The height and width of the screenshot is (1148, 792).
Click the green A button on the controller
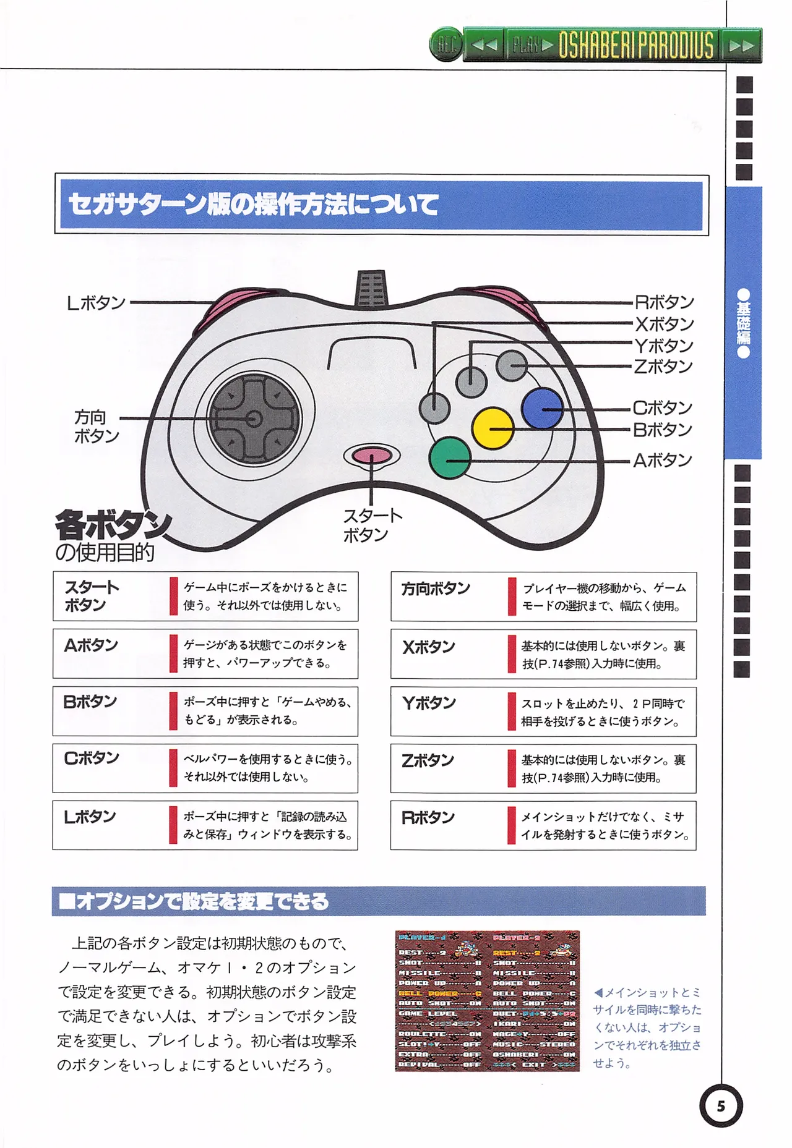tap(450, 458)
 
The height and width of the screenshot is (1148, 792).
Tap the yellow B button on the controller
tap(493, 428)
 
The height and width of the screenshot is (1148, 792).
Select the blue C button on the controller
tap(542, 408)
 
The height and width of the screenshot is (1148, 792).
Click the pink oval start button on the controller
tap(372, 456)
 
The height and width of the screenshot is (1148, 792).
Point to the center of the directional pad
tap(254, 419)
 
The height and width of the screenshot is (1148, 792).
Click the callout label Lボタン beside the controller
tap(96, 303)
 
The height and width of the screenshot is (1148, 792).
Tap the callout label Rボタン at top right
tap(665, 302)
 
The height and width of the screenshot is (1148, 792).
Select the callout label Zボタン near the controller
tap(663, 367)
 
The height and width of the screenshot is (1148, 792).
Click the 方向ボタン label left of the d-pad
tap(95, 427)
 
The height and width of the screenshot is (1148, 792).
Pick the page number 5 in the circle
tap(721, 1106)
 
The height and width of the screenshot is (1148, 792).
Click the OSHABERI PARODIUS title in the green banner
tap(635, 45)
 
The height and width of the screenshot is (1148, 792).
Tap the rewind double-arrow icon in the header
tap(484, 45)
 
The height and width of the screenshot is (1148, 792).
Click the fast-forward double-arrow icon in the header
tap(741, 46)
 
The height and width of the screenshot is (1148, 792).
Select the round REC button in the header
tap(445, 45)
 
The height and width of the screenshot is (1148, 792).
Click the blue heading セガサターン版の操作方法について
tap(254, 205)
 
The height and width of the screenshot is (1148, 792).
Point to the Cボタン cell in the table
tap(92, 758)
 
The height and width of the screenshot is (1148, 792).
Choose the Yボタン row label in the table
tap(429, 703)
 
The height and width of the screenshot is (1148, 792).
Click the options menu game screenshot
tap(488, 1001)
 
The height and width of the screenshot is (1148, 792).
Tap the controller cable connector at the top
tap(371, 288)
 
